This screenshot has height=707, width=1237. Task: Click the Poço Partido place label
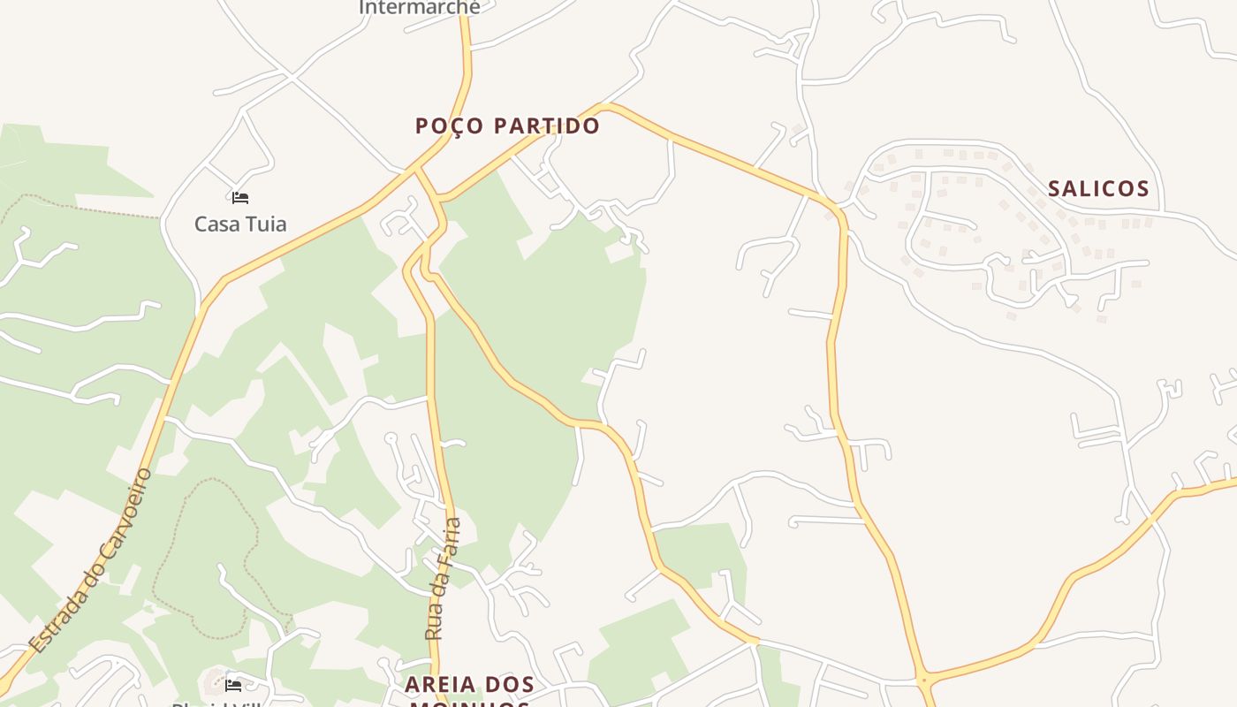[x=507, y=125]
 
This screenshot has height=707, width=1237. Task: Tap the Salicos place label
[x=1098, y=188]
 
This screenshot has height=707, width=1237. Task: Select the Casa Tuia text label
[x=240, y=224]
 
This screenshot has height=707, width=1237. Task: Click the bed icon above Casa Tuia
[x=240, y=197]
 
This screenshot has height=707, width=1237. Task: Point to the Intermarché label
[x=420, y=8]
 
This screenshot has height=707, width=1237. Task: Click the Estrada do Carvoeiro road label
[x=90, y=561]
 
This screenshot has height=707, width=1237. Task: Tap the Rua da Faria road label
[x=444, y=579]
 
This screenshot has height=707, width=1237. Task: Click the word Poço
[x=446, y=125]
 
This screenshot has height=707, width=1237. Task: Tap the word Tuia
[x=266, y=224]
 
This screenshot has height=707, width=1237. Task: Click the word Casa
[x=215, y=224]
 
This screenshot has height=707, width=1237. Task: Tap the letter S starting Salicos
[x=1054, y=188]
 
